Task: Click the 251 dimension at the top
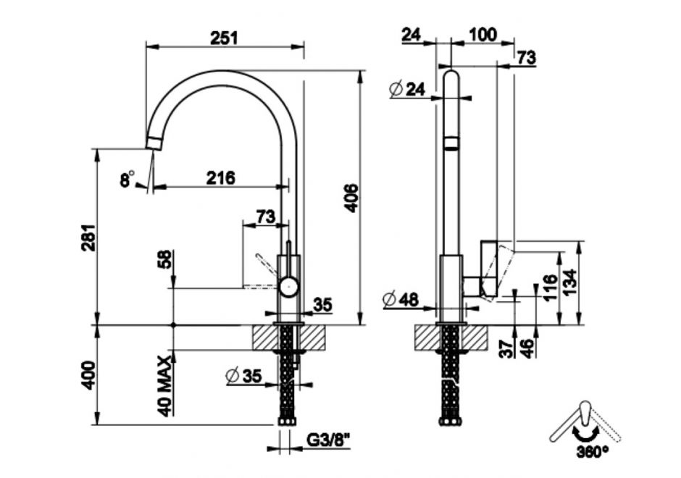[224, 38]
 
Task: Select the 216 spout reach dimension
[221, 177]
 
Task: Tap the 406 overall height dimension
[351, 198]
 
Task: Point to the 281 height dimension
[88, 238]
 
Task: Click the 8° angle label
[127, 178]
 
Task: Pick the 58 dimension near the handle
[165, 259]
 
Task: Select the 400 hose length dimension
[88, 375]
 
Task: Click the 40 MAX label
[165, 385]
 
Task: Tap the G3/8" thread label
[328, 440]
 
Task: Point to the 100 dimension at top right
[483, 34]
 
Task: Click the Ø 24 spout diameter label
[407, 89]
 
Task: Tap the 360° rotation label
[593, 452]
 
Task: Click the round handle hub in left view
[288, 287]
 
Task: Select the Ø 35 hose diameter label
[244, 376]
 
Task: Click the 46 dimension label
[527, 348]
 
